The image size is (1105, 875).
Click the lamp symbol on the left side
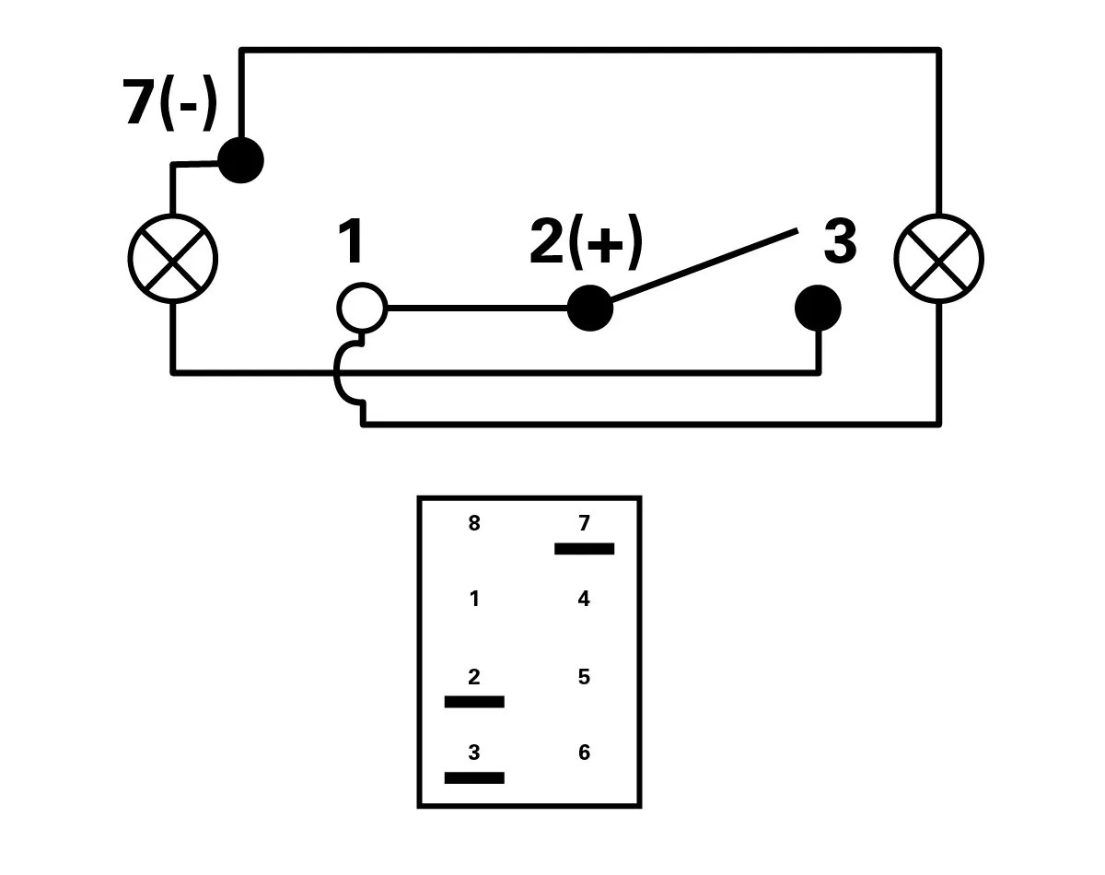172,259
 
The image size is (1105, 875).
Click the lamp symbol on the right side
938,259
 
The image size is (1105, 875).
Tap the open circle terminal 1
362,308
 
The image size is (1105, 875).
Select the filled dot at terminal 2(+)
589,308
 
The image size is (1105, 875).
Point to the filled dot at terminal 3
818,308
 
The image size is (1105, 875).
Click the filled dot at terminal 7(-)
240,160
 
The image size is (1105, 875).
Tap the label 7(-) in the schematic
170,102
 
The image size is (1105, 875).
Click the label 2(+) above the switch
587,241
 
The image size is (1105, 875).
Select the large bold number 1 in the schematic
351,241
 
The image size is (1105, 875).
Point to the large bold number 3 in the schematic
839,241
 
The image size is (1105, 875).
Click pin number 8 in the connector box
474,524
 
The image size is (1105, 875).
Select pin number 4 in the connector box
584,600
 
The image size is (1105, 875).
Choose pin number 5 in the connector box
584,677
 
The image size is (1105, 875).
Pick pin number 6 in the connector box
584,753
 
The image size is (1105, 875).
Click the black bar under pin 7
584,549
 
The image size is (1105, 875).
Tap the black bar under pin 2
474,702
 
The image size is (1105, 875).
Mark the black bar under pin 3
474,778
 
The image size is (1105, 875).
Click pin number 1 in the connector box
474,600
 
